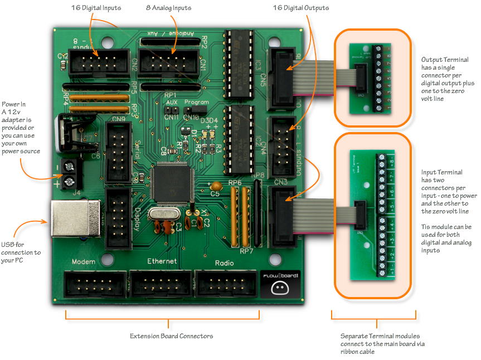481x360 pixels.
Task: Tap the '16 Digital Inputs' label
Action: pos(96,8)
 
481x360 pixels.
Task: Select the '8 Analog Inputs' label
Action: pos(168,8)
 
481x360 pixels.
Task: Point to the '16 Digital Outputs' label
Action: pos(300,8)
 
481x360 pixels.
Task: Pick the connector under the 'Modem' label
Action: pos(95,284)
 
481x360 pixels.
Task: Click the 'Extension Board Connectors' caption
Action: pos(171,336)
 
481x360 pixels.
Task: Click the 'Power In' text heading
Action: pos(14,104)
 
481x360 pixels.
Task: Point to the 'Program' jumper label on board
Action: pos(196,103)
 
